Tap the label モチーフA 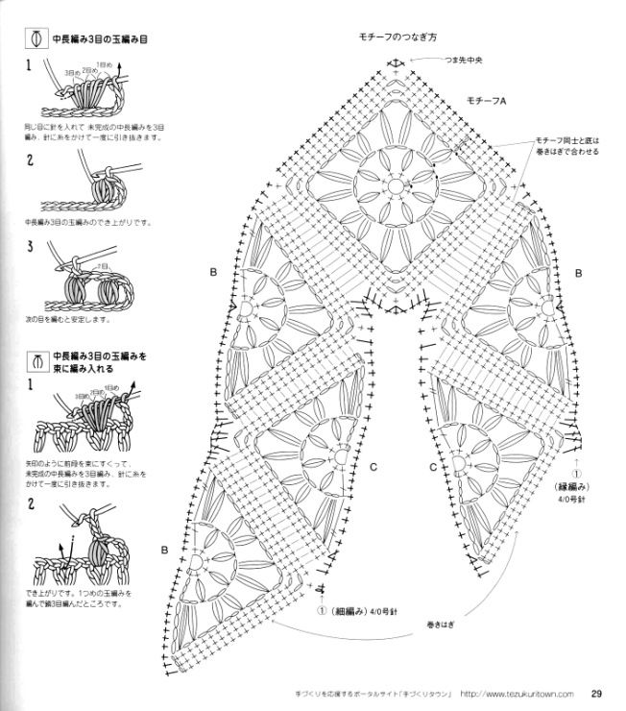(x=487, y=101)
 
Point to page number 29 (x=596, y=694)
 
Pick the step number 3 (x=30, y=247)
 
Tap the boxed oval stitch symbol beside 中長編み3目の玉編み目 (x=36, y=40)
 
